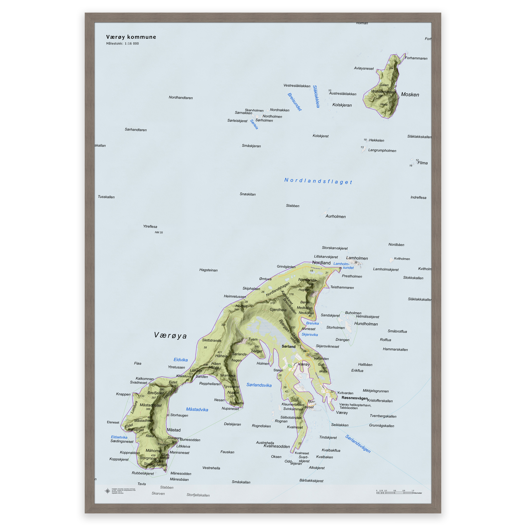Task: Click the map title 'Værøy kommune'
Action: coord(131,37)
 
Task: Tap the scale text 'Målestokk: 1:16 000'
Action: coord(122,44)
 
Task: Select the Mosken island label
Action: coord(410,95)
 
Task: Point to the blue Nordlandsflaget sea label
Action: coord(318,181)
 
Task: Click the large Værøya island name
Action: coord(171,335)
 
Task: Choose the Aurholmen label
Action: coord(335,217)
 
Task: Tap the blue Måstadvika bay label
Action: coord(197,409)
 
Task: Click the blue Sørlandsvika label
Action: coord(259,385)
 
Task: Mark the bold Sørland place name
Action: coord(288,346)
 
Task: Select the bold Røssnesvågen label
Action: coord(354,398)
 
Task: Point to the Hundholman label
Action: coord(366,324)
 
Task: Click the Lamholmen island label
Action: coord(357,258)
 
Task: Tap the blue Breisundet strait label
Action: coord(295,102)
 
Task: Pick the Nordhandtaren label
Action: coord(181,97)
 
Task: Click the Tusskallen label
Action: coord(106,197)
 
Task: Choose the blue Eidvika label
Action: coord(181,360)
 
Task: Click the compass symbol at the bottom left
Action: coord(108,491)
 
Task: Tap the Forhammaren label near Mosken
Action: coord(416,58)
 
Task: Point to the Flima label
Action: coord(422,163)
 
